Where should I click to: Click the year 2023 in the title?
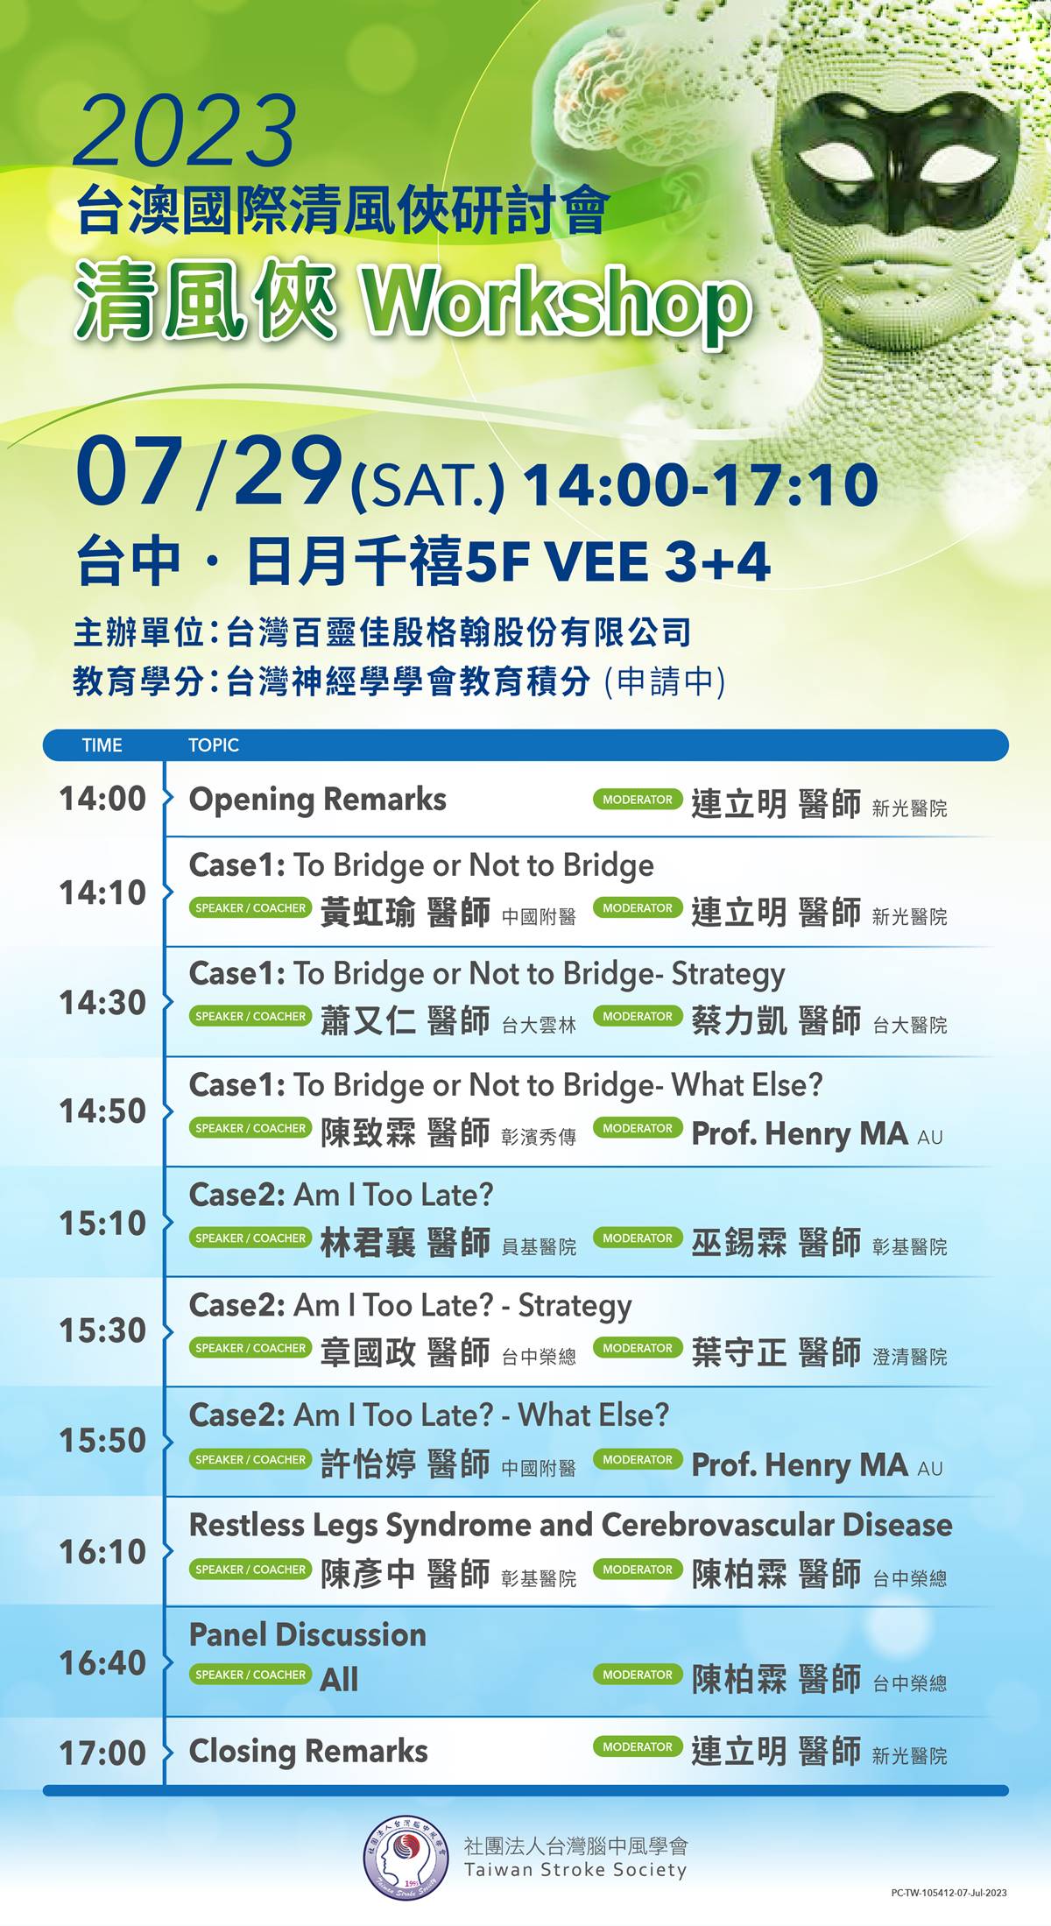185,131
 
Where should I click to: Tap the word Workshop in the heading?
557,302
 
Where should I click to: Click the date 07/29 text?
209,472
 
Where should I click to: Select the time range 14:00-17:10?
701,484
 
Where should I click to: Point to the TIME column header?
102,745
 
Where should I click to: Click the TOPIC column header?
213,745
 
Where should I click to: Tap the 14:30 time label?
102,1003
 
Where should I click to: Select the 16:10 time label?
102,1552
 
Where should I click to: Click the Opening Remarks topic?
317,800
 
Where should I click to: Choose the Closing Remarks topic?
308,1751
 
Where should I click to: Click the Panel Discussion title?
307,1634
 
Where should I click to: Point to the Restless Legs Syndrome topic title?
570,1525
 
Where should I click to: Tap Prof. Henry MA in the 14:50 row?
800,1133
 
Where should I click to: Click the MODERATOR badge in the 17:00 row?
638,1746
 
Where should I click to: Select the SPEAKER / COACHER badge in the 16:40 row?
250,1675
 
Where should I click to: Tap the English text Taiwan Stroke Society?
575,1870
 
